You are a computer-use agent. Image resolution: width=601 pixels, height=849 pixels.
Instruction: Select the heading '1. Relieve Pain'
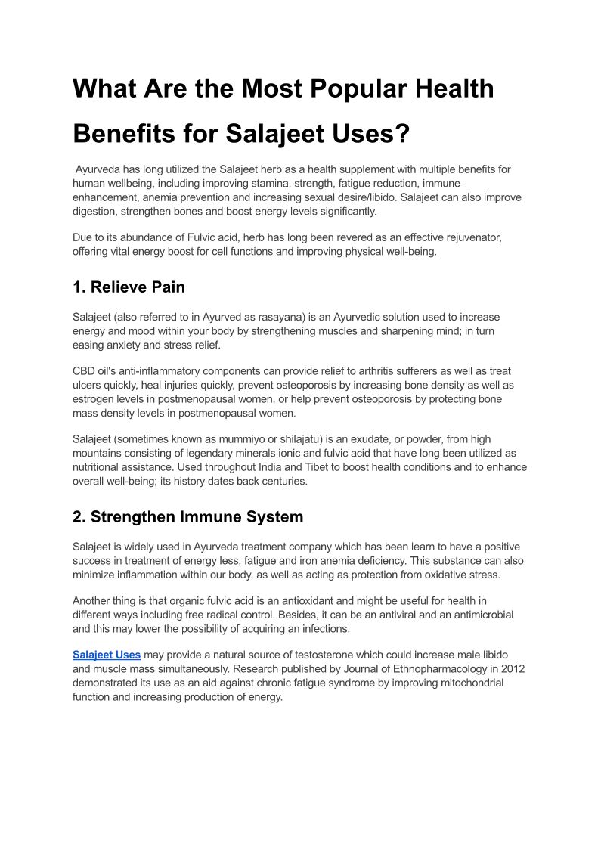click(129, 287)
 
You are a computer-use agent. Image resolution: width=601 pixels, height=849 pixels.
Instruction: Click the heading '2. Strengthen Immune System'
click(187, 517)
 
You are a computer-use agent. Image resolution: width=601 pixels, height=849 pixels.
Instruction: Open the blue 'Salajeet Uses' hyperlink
click(107, 654)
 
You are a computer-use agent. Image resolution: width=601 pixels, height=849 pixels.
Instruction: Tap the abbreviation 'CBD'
click(85, 371)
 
